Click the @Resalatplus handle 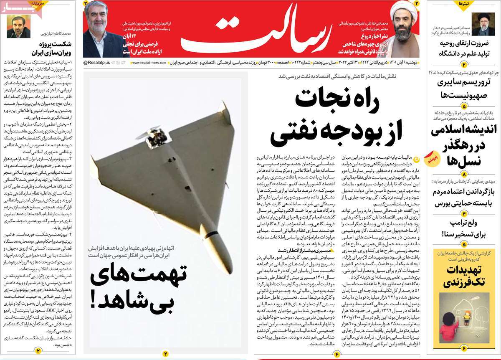tap(97, 62)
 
